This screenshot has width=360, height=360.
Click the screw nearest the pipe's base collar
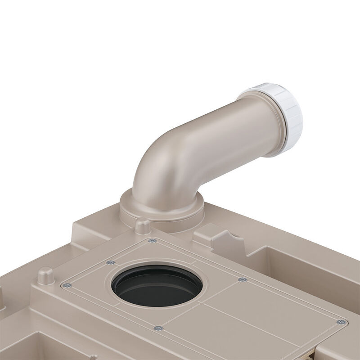[x=152, y=241]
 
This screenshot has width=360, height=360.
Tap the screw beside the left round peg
[x=66, y=284]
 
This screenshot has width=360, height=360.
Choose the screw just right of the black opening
[x=243, y=280]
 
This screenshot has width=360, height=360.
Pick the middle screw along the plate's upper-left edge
[x=110, y=263]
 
